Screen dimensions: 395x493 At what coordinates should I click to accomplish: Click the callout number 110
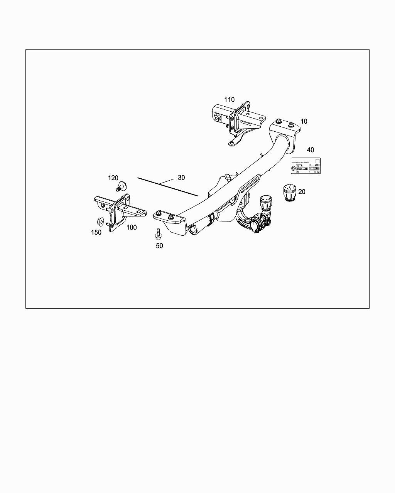tap(229, 100)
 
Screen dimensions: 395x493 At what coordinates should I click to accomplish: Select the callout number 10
tap(304, 121)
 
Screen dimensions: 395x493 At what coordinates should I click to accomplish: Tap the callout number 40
tap(310, 150)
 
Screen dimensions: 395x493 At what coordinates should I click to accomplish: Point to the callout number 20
tap(302, 191)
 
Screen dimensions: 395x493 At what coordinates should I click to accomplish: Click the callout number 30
tap(181, 178)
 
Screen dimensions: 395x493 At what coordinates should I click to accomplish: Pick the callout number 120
tap(113, 178)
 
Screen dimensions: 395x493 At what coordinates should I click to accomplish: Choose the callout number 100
tap(132, 227)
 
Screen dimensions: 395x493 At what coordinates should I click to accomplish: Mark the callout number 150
tap(96, 232)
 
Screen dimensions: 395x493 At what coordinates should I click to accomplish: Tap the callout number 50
tap(159, 246)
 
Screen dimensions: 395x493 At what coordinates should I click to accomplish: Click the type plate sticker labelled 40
tap(306, 166)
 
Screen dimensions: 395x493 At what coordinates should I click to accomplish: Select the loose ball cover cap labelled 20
tap(289, 193)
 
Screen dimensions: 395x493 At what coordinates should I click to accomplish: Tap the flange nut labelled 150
tap(99, 222)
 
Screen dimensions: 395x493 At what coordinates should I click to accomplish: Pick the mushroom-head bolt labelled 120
tap(121, 187)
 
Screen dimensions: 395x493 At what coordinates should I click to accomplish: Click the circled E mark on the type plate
tap(293, 168)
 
